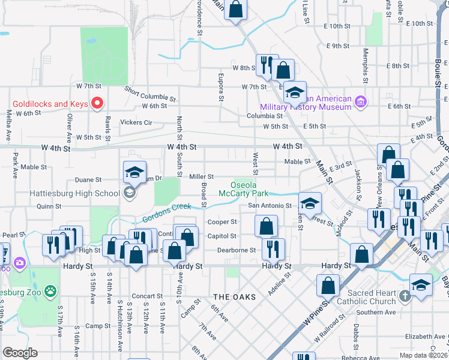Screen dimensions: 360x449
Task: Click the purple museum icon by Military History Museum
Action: click(360, 103)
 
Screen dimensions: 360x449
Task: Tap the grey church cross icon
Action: click(405, 296)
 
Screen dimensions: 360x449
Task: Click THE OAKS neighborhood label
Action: click(234, 297)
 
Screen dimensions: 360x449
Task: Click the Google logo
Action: click(20, 353)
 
